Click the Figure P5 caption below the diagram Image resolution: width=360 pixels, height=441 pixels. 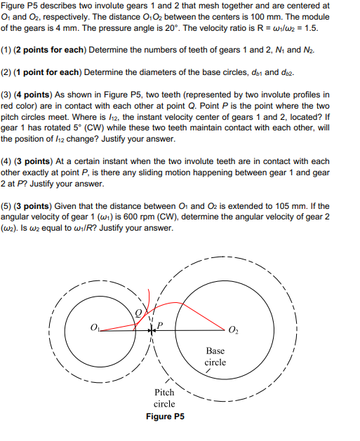coord(165,416)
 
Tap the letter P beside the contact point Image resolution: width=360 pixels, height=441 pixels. coord(160,325)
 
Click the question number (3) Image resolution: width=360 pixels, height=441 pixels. coord(9,93)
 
